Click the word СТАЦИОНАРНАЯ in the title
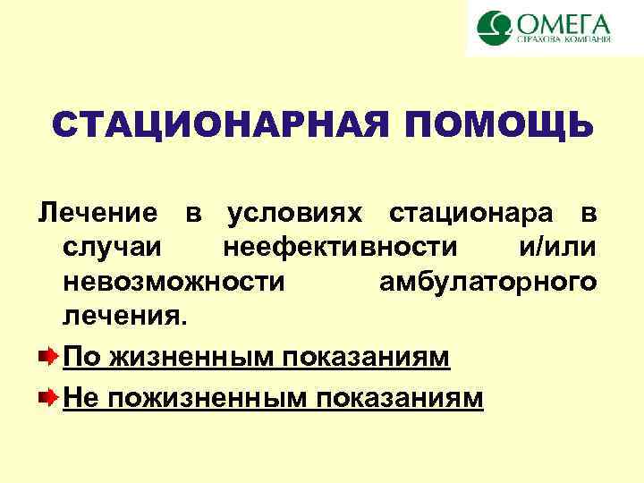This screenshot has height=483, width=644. tap(218, 125)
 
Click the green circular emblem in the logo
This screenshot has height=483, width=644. tap(491, 28)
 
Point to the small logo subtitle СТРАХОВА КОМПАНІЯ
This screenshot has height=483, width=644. tap(563, 39)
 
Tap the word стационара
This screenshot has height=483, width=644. tap(473, 215)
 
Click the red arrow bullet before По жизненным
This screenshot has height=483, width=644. tap(50, 357)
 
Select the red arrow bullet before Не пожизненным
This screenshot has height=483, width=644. tap(50, 395)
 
